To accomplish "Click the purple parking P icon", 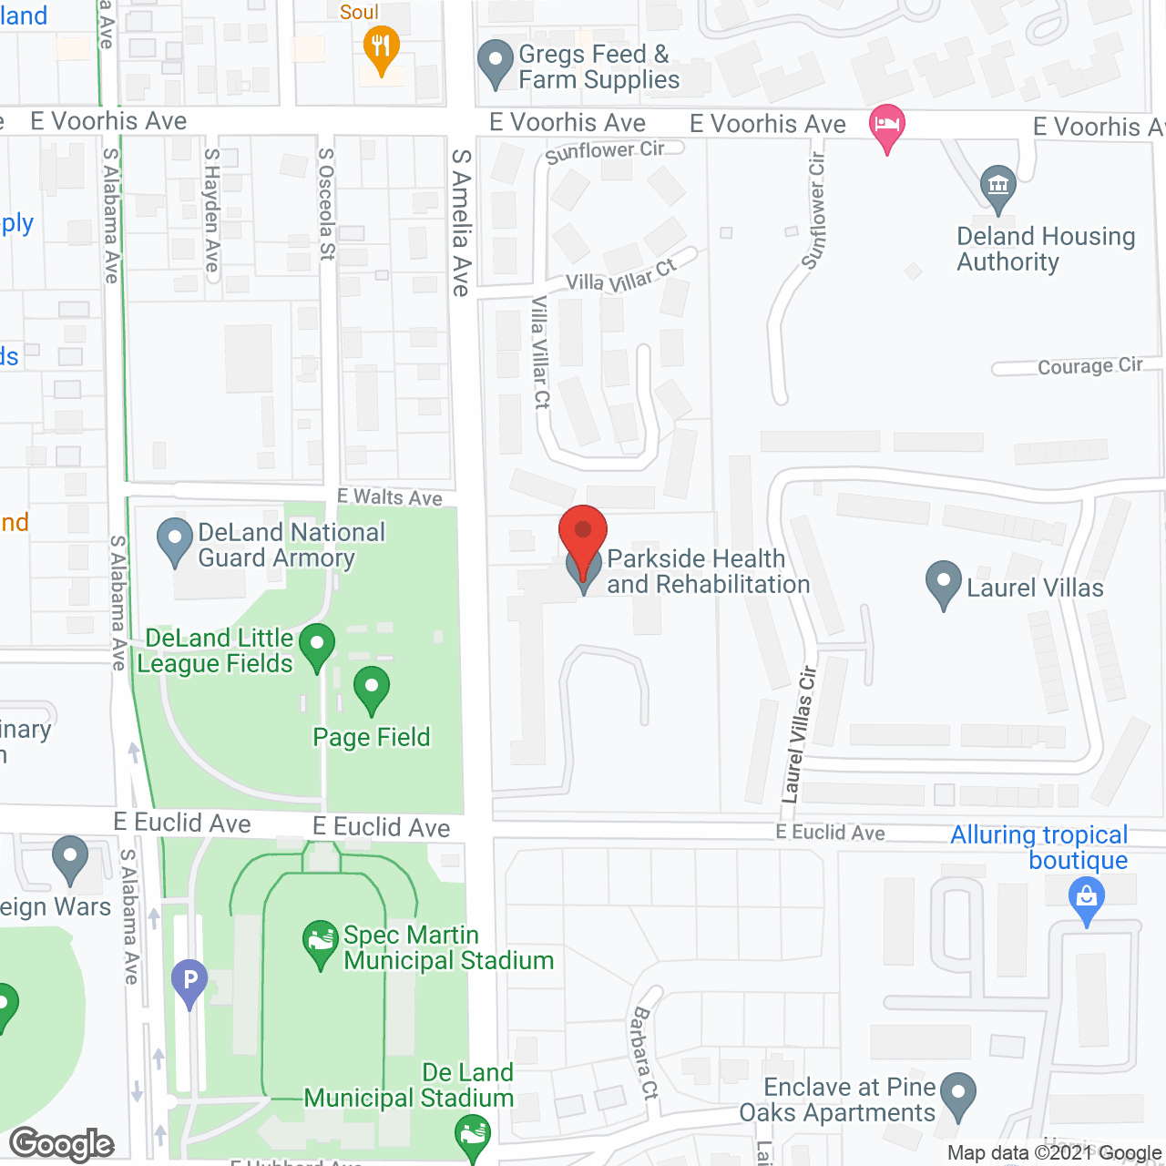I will pyautogui.click(x=189, y=982).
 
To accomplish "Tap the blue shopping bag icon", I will pyautogui.click(x=1086, y=898).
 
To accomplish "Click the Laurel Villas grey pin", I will pyautogui.click(x=943, y=582).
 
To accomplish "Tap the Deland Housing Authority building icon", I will pyautogui.click(x=998, y=187).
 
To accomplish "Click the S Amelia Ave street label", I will pyautogui.click(x=462, y=223).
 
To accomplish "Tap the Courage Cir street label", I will pyautogui.click(x=1089, y=366).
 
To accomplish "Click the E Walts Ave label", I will pyautogui.click(x=390, y=497).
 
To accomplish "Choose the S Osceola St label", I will pyautogui.click(x=326, y=204).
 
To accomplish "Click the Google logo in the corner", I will pyautogui.click(x=62, y=1144).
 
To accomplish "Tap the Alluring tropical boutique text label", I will pyautogui.click(x=1038, y=847).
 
